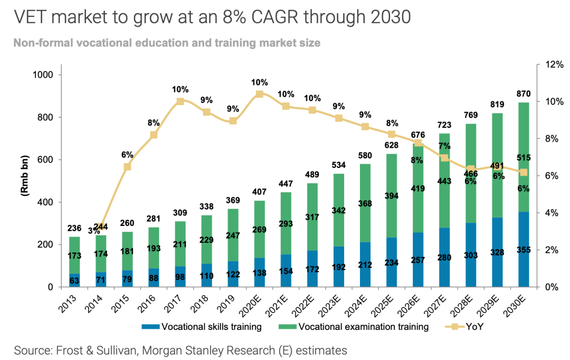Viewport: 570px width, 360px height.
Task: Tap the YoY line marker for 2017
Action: pos(180,101)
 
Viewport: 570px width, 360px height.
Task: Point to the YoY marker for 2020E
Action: pos(259,94)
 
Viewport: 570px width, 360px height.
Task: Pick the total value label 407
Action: pos(259,192)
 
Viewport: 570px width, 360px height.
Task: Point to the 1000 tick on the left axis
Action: pos(44,75)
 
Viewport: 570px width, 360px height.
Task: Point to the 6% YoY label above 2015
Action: pos(127,155)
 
